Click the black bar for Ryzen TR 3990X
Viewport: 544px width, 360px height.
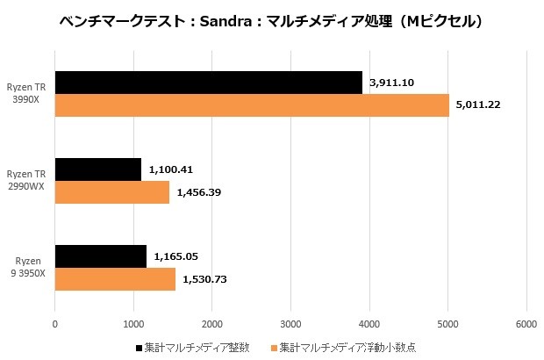pyautogui.click(x=208, y=83)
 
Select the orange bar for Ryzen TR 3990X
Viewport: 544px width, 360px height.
pyautogui.click(x=252, y=105)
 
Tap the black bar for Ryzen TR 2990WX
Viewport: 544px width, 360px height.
pyautogui.click(x=98, y=169)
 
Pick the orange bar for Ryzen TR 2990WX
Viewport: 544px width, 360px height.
pyautogui.click(x=112, y=192)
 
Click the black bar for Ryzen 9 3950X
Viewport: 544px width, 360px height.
pyautogui.click(x=101, y=256)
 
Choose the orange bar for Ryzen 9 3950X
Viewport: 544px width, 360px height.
pyautogui.click(x=115, y=279)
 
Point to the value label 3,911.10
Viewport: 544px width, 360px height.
pyautogui.click(x=392, y=82)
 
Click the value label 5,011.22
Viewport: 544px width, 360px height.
pyautogui.click(x=479, y=105)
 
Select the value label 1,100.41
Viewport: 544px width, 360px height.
pyautogui.click(x=171, y=169)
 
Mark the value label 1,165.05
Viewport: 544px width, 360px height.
pyautogui.click(x=176, y=256)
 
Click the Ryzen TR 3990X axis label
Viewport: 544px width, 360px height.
pyautogui.click(x=27, y=94)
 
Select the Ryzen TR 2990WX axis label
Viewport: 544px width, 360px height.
pyautogui.click(x=27, y=181)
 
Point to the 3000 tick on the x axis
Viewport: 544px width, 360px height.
pyautogui.click(x=291, y=325)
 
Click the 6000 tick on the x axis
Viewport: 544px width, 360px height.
pyautogui.click(x=526, y=325)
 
